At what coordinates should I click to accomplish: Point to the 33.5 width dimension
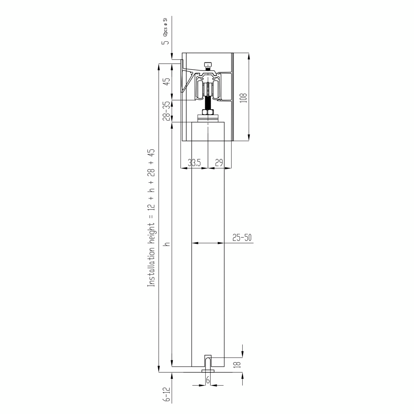pyautogui.click(x=194, y=163)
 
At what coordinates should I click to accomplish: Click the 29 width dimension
pyautogui.click(x=219, y=163)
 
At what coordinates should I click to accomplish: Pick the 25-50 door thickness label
pyautogui.click(x=242, y=237)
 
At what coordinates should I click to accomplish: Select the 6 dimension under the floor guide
pyautogui.click(x=208, y=381)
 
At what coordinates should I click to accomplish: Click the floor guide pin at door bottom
pyautogui.click(x=208, y=363)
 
